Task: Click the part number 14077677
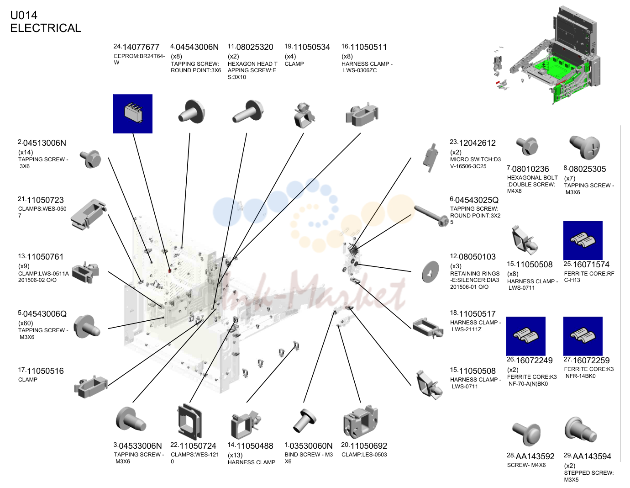[141, 47]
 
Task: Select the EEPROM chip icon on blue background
[133, 114]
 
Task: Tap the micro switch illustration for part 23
[430, 158]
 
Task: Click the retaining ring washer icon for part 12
[430, 272]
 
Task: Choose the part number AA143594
[592, 456]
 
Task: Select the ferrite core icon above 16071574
[583, 240]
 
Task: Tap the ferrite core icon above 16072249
[525, 336]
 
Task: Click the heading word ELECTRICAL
[46, 28]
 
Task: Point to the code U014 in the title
[24, 15]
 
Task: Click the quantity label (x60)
[26, 323]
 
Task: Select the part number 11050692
[368, 446]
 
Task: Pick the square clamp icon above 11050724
[190, 422]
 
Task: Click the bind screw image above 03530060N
[304, 420]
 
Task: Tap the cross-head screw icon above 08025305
[585, 148]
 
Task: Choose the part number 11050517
[477, 314]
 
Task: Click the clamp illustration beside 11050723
[89, 215]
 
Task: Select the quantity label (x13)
[235, 455]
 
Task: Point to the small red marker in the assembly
[170, 271]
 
